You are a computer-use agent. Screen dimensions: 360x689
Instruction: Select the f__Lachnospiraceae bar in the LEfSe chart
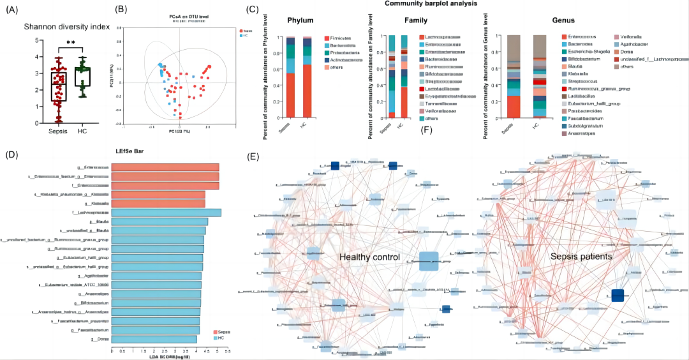click(166, 213)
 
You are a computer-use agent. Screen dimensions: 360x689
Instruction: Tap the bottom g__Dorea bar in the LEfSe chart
click(154, 339)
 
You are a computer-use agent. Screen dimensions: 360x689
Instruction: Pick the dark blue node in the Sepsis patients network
click(617, 295)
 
